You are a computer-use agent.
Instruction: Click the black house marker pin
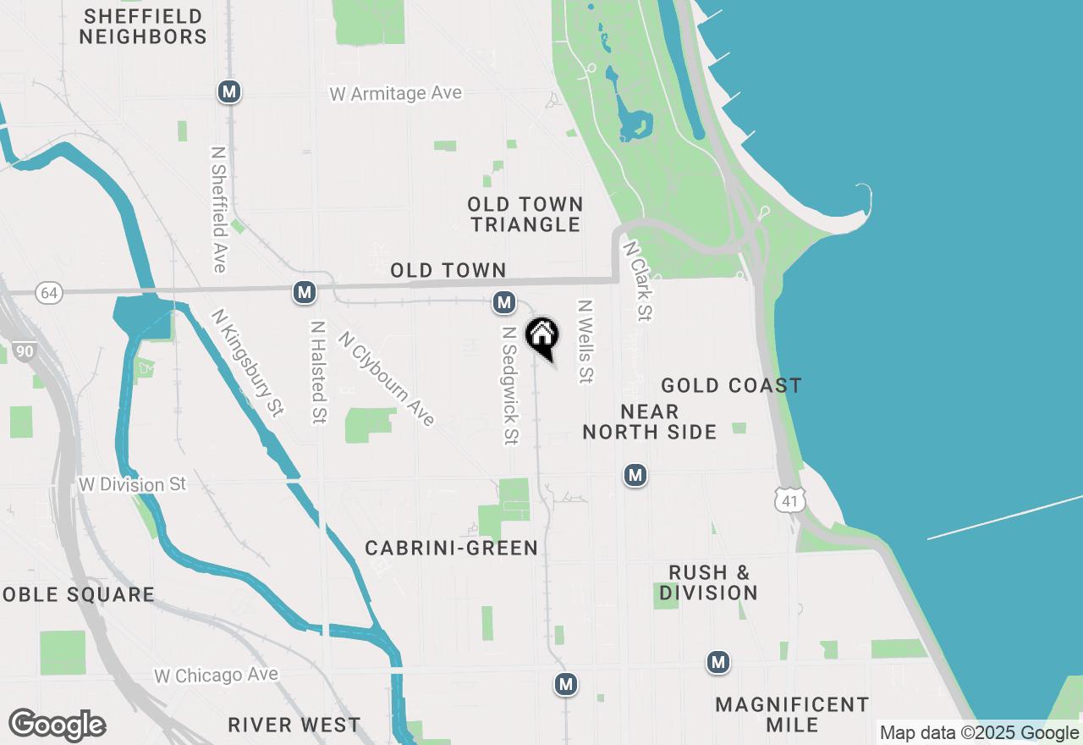click(542, 335)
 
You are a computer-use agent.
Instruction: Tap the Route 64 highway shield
click(49, 293)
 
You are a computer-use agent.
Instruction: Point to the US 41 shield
click(789, 501)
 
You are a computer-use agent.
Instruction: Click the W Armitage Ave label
click(395, 93)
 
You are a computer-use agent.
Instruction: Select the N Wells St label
click(584, 340)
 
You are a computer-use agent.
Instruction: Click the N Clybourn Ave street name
click(386, 378)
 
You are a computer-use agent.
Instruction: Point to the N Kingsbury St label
click(247, 362)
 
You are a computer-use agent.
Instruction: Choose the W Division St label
click(131, 484)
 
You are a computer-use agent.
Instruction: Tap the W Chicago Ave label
click(216, 676)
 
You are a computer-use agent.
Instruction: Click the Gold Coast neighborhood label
click(731, 386)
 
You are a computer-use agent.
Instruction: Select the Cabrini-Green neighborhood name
click(452, 549)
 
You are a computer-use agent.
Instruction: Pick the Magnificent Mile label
click(792, 715)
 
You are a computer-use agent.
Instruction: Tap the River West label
click(294, 726)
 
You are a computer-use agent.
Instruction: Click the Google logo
click(58, 725)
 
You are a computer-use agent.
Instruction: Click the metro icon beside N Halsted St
click(305, 293)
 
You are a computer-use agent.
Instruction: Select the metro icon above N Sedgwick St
click(504, 302)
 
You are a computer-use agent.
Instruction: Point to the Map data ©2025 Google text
click(979, 733)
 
